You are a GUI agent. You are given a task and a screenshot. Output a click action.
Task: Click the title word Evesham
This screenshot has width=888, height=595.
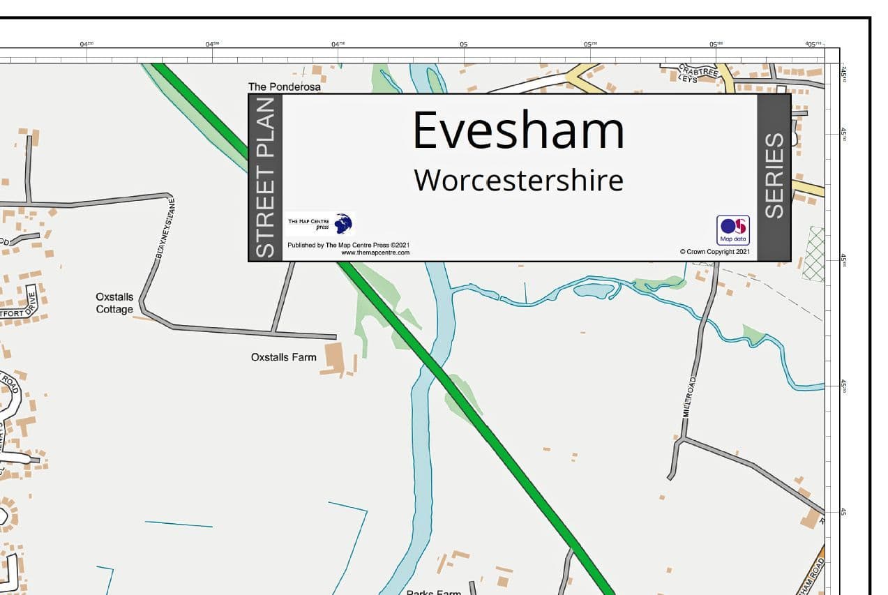tap(518, 130)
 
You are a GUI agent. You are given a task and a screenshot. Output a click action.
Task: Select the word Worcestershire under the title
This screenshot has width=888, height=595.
tap(518, 180)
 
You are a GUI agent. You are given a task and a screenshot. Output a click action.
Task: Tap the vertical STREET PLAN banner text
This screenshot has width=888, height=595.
tap(265, 178)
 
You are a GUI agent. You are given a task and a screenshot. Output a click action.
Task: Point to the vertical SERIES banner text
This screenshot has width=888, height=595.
tap(774, 176)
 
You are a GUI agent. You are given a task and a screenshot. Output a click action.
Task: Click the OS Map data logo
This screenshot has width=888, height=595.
tap(733, 229)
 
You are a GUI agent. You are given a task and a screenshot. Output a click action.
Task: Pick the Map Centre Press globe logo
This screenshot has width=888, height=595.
tap(343, 224)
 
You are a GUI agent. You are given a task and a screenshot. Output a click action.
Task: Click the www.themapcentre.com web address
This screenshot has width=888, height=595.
tap(375, 253)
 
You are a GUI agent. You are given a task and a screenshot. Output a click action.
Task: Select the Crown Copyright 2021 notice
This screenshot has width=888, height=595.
tap(715, 252)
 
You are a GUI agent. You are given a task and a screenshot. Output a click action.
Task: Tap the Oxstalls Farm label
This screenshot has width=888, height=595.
tap(283, 357)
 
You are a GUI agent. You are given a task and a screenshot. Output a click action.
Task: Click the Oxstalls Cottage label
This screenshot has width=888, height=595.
tap(114, 303)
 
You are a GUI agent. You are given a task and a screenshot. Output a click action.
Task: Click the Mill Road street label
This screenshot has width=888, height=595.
tap(690, 397)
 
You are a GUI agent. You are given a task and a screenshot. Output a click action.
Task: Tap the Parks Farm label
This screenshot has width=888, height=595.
tap(433, 592)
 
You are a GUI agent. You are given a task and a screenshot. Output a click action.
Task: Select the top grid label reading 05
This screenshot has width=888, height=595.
tap(463, 45)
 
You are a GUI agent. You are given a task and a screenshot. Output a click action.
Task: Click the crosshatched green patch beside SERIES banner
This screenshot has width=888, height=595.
tap(813, 253)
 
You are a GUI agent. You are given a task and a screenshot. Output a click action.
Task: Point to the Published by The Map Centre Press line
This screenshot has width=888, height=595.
tap(348, 246)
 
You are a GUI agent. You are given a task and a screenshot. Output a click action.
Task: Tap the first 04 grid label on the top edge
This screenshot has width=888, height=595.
tap(86, 45)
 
